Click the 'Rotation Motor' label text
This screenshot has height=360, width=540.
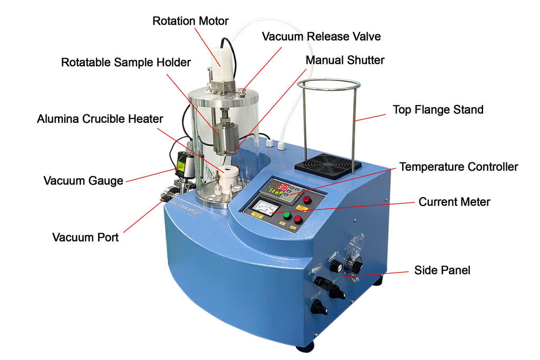click(190, 21)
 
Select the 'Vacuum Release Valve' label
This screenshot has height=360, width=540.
click(321, 36)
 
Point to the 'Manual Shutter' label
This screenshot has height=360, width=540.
click(345, 60)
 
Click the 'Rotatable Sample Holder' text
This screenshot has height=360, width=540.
click(126, 62)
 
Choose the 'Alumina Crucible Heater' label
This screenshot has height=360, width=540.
click(100, 119)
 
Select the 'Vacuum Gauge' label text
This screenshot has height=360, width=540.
click(83, 181)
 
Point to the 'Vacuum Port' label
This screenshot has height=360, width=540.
click(85, 237)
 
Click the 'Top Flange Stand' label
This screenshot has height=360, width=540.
click(438, 110)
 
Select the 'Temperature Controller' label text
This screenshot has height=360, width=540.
click(458, 167)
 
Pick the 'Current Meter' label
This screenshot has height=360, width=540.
click(454, 202)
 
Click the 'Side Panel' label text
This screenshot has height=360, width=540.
click(442, 270)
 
